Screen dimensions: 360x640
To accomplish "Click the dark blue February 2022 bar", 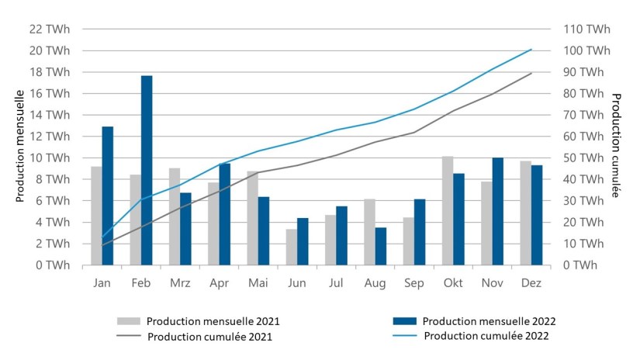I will click(147, 170).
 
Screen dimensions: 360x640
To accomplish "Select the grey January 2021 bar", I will click(96, 216).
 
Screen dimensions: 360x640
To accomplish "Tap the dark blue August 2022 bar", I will click(380, 246).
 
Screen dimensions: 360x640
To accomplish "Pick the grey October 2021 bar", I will click(447, 210).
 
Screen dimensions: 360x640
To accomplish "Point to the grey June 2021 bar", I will click(291, 247).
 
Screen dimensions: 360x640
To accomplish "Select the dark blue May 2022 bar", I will click(264, 230).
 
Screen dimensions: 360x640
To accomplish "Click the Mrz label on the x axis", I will click(180, 284).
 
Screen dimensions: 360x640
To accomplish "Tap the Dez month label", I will click(531, 284).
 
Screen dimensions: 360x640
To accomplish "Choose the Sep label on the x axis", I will click(413, 284).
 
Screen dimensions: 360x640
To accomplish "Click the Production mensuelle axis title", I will click(21, 147).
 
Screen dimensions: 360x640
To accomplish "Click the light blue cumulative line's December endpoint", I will click(531, 50).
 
